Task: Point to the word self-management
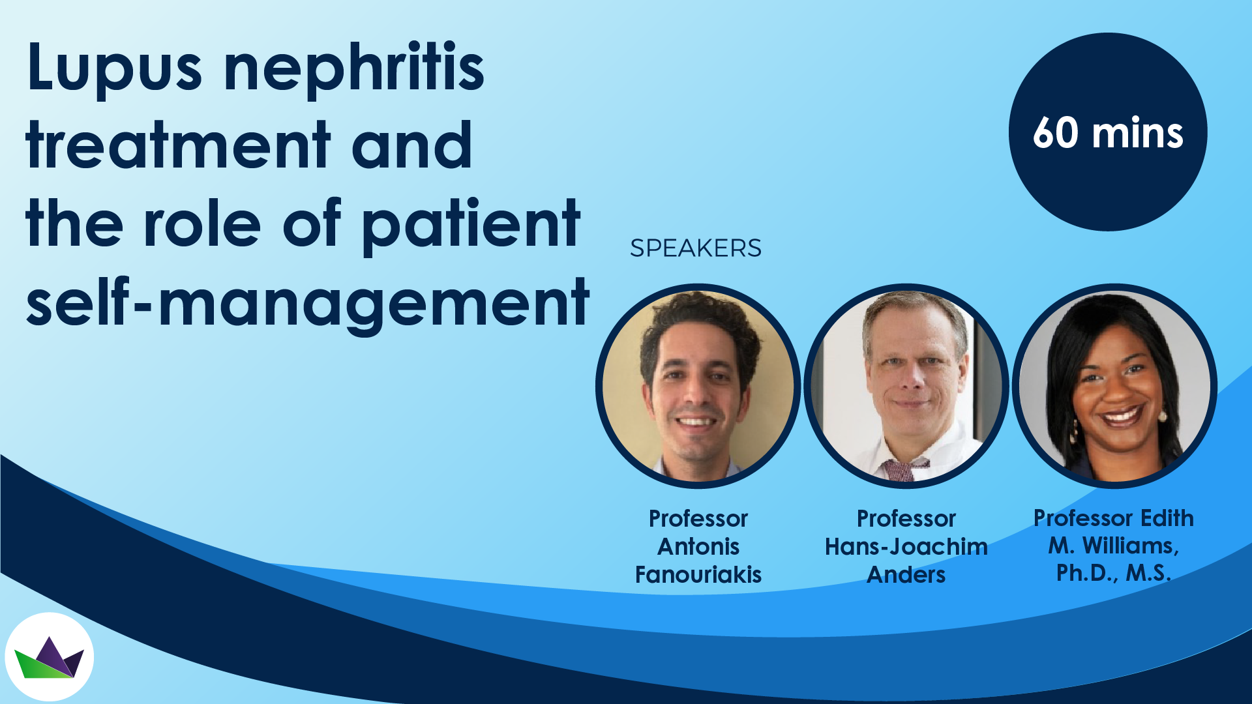[308, 301]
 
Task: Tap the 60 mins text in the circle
[1108, 133]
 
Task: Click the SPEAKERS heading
[695, 248]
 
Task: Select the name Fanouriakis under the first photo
[698, 574]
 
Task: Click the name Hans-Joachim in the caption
[906, 546]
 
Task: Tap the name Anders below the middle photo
[906, 574]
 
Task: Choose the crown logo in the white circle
[50, 658]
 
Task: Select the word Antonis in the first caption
[698, 546]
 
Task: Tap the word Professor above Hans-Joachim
[906, 518]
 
